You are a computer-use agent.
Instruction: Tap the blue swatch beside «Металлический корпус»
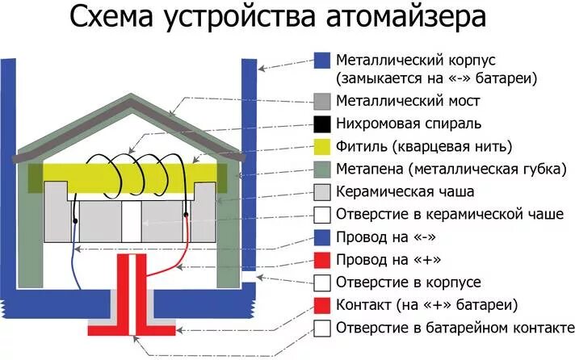[x=322, y=61]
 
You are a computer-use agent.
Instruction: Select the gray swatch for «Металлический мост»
[x=322, y=101]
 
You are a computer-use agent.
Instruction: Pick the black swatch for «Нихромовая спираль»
[x=322, y=123]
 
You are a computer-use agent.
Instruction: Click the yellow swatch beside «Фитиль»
[x=322, y=147]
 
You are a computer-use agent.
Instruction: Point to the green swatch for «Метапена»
[x=322, y=170]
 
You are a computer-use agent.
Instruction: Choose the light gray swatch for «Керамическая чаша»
[x=322, y=192]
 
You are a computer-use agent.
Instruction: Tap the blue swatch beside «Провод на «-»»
[x=322, y=237]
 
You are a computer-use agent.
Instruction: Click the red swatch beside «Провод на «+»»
[x=322, y=260]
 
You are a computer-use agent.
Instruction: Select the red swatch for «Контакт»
[x=322, y=306]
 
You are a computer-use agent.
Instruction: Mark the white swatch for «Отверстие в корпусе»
[x=322, y=283]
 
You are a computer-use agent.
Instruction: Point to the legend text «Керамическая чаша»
[x=405, y=192]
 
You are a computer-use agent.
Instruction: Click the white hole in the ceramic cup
[x=132, y=219]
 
